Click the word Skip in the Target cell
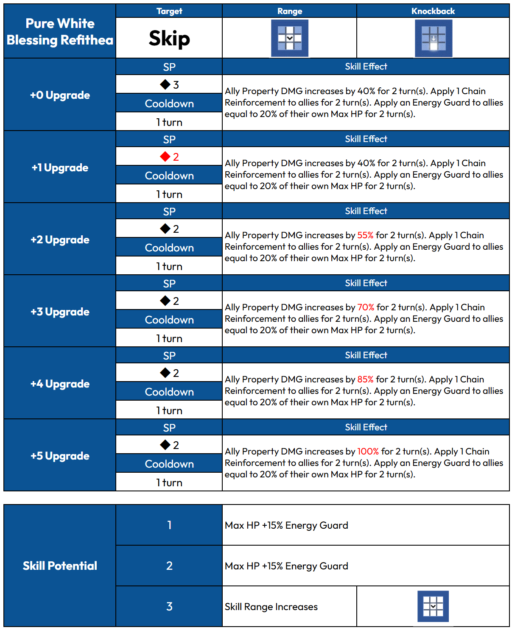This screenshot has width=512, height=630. point(169,38)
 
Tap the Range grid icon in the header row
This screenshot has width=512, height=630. point(290,38)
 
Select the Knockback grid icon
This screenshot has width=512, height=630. point(433,38)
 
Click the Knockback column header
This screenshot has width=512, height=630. point(433,11)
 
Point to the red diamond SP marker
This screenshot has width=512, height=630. point(165,157)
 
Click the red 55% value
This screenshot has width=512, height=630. point(365,235)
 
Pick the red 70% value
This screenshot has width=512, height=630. point(366,307)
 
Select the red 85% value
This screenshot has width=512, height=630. point(365,379)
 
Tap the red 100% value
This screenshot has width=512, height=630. point(368,452)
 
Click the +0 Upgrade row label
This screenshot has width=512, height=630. point(60,95)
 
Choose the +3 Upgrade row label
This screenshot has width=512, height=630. point(60,312)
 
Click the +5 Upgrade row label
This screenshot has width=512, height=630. point(60,456)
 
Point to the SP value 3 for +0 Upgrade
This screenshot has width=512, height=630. point(176,85)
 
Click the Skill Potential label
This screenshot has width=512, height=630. point(60,566)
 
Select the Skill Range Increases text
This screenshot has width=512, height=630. point(271,607)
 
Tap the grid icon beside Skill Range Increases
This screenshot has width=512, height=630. point(433,606)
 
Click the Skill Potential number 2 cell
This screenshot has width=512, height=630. point(169,566)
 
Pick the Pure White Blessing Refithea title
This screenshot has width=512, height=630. point(60,32)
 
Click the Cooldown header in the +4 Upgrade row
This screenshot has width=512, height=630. point(169,392)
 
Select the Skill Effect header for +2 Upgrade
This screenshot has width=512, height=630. point(366,211)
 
